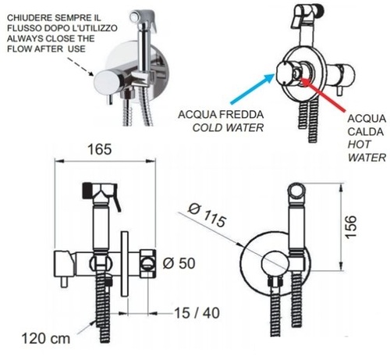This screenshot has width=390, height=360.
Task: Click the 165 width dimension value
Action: [99, 150]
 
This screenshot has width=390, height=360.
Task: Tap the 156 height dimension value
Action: [350, 226]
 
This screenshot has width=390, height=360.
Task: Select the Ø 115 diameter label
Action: [207, 216]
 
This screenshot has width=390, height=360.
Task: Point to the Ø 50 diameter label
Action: [179, 263]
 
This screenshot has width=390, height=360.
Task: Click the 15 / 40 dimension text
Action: [197, 313]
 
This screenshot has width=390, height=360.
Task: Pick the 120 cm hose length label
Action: [46, 339]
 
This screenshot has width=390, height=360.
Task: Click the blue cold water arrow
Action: [252, 89]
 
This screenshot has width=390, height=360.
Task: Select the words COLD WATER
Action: [228, 127]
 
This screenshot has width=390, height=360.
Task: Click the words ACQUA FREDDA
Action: [221, 115]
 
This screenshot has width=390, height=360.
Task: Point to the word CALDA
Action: [366, 132]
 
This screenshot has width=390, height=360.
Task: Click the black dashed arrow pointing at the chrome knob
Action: [80, 66]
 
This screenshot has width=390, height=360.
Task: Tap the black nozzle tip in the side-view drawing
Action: [87, 191]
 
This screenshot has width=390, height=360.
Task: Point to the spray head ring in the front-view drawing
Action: [296, 191]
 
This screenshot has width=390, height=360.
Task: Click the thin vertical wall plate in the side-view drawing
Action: [125, 264]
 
